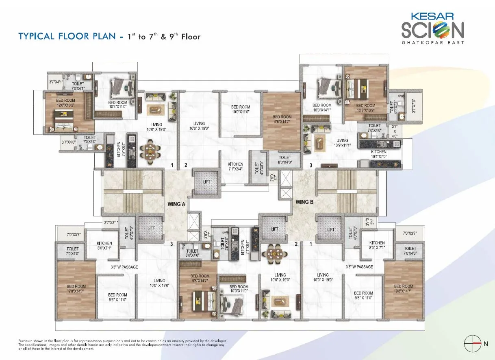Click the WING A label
176,204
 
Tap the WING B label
304,202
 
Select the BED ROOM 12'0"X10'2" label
65,102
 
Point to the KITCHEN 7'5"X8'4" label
119,149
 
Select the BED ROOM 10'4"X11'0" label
118,105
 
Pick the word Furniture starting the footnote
27,340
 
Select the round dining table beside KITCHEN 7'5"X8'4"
150,151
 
